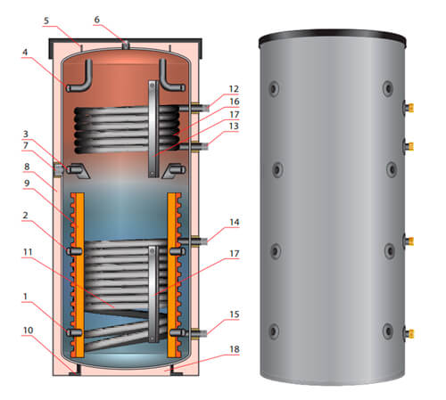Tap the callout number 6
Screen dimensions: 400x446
tap(97, 19)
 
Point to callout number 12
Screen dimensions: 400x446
tap(234, 89)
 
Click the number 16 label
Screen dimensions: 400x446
tap(234, 102)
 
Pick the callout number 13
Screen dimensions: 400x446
tap(234, 126)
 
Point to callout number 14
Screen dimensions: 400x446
tap(234, 221)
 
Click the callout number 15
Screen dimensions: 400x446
tap(234, 314)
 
